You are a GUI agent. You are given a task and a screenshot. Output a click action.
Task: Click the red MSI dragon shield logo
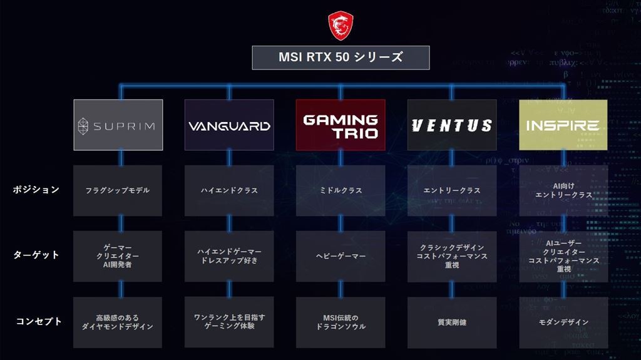tap(341, 26)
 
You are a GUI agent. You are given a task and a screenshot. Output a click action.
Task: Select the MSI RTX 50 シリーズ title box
tap(341, 57)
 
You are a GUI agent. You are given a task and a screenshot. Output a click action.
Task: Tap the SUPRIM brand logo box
tap(118, 125)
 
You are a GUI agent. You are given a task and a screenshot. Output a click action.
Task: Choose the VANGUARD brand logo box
tap(229, 125)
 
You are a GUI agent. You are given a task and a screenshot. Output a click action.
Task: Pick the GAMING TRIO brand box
tap(341, 125)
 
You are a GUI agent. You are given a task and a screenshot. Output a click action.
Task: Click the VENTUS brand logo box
tap(451, 125)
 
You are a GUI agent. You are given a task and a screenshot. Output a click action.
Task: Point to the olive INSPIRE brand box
tap(563, 125)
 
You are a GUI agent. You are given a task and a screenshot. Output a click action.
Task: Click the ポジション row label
tap(36, 190)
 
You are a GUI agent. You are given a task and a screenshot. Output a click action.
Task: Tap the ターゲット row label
tap(36, 255)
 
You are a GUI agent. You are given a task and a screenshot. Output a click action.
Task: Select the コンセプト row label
tap(39, 321)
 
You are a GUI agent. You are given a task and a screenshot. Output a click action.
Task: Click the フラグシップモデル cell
tap(118, 190)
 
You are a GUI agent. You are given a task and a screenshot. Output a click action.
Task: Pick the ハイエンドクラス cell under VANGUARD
tap(229, 190)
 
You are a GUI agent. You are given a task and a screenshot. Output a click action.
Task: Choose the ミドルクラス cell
tap(341, 190)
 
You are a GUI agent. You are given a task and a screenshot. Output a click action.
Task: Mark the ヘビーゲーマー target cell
tap(341, 256)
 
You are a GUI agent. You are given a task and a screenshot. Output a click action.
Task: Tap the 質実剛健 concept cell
tap(451, 322)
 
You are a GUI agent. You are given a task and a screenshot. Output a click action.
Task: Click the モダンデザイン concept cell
tap(563, 322)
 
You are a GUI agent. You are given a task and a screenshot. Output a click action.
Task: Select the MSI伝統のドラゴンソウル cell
tap(341, 322)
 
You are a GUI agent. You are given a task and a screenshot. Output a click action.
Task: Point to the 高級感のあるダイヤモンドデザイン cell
tap(118, 322)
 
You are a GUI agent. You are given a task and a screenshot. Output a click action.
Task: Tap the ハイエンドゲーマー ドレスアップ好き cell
tap(229, 256)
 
